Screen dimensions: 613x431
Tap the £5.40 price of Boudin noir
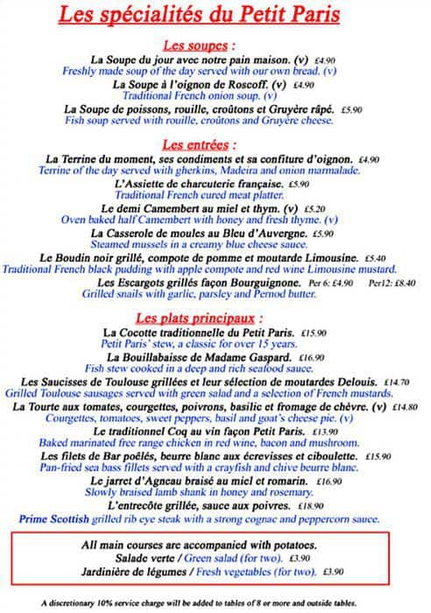[x=375, y=258]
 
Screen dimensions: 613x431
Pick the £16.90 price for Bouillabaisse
[x=312, y=358]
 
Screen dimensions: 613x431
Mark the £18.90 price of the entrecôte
[x=311, y=506]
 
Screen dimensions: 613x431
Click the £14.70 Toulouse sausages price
[x=397, y=383]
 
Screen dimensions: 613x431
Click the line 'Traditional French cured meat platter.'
[x=207, y=197]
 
